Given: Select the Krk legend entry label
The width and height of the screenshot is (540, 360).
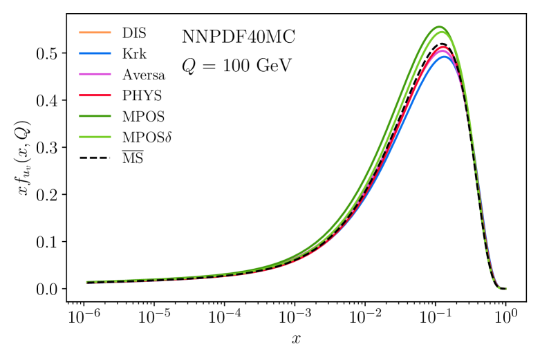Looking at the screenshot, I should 133,53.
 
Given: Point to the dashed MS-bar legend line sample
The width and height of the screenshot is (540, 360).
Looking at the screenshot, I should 96,160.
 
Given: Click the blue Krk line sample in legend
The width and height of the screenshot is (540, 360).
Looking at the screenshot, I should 96,53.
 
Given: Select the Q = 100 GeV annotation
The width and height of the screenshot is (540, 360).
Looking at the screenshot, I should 236,66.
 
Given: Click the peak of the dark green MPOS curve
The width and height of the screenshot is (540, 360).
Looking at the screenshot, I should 438,27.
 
